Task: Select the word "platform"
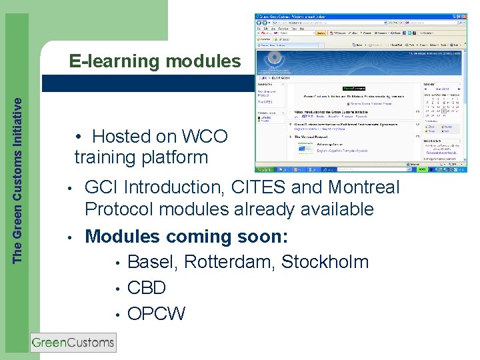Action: point(175,158)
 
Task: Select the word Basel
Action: point(151,262)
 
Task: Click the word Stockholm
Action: point(325,262)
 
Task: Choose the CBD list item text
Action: point(146,288)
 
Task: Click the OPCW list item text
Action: point(156,313)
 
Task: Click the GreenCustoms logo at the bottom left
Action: point(73,343)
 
